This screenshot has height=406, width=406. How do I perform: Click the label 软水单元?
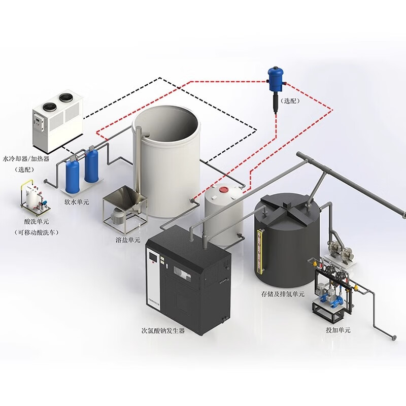coord(76,201)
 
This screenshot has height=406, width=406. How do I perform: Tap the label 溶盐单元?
coord(127,240)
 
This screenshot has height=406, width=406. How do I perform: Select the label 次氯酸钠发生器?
coord(163,330)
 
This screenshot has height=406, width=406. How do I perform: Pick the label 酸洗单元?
coord(37,222)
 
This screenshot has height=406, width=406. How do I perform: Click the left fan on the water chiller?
coord(49,106)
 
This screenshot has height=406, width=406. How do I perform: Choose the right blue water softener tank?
coord(91,165)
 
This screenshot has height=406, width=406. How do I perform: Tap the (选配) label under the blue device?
coord(291,101)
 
